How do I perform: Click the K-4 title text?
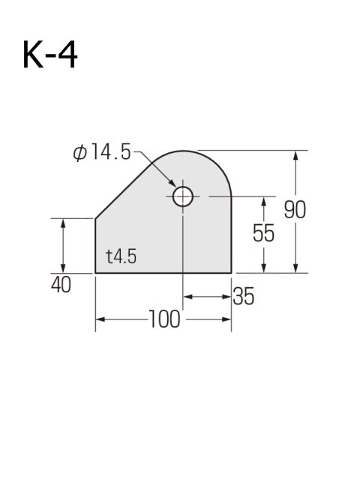point(50,57)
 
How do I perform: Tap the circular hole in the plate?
point(183,197)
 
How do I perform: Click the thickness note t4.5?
point(121,257)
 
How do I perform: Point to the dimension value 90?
point(295,210)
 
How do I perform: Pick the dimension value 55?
point(263,233)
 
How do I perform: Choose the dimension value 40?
point(61,286)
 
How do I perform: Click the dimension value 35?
point(243,296)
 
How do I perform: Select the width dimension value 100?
point(164,319)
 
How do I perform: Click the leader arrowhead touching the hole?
point(175,187)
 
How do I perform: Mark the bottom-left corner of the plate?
point(96,273)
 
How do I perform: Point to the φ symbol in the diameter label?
point(79,153)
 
